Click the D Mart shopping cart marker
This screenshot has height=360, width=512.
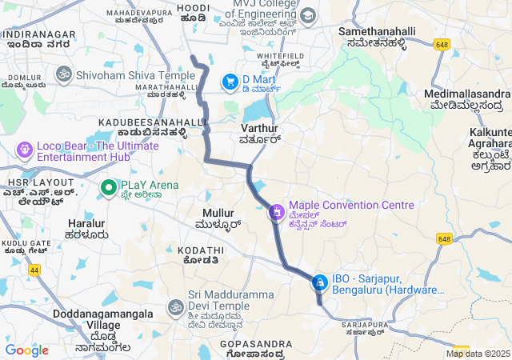(230, 80)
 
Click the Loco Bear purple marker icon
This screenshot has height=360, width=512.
(24, 149)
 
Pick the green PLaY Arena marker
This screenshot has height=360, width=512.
(108, 187)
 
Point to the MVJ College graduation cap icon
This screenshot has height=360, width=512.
(307, 14)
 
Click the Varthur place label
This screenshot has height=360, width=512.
(258, 128)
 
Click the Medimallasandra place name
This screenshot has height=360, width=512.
(466, 94)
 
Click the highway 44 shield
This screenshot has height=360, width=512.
(34, 270)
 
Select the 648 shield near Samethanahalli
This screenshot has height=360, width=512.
(442, 45)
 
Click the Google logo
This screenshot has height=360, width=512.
(26, 350)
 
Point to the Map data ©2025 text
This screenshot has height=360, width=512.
(478, 354)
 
